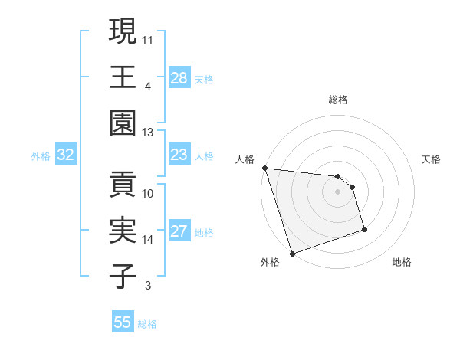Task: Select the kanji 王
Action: click(x=123, y=77)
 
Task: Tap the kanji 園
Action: click(x=123, y=123)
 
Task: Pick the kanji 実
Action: click(x=123, y=231)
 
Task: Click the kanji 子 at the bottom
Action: click(x=123, y=277)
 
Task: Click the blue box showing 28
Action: click(x=179, y=77)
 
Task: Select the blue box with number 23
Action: click(x=179, y=155)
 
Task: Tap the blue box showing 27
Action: click(x=179, y=231)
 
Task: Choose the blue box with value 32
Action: click(x=65, y=155)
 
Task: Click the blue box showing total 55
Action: click(x=123, y=322)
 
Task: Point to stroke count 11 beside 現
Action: click(x=148, y=39)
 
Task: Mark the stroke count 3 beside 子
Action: click(x=148, y=286)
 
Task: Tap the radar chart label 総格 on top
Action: click(x=337, y=100)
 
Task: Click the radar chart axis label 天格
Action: click(x=432, y=159)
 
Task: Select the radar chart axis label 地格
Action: click(x=402, y=262)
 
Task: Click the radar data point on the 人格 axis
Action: click(x=264, y=168)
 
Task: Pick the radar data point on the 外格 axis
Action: click(x=292, y=253)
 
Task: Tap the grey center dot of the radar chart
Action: click(x=337, y=191)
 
